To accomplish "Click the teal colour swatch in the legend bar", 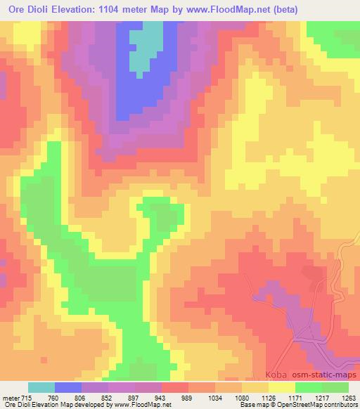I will click(x=41, y=388).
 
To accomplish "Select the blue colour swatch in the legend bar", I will click(x=68, y=388).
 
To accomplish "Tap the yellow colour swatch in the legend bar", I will click(x=282, y=388).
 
